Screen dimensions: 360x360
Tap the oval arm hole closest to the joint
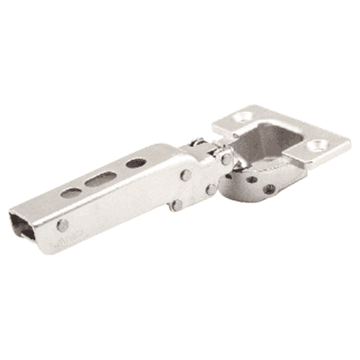pos(135,163)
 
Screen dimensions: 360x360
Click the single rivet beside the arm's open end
pos(63,225)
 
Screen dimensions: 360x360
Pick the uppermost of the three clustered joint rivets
pos(186,175)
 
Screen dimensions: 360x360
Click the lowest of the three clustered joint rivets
pos(176,205)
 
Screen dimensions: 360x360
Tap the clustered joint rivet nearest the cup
pos(210,190)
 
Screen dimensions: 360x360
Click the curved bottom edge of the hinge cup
pos(245,199)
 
